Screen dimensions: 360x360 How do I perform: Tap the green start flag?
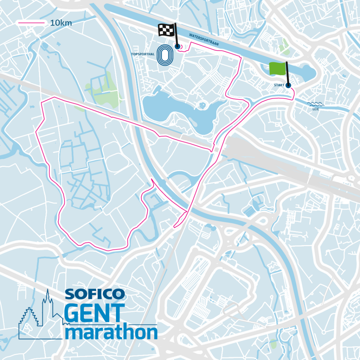[277, 68]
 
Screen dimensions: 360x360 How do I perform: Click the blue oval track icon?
[164, 54]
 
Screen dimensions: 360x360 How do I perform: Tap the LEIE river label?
[316, 109]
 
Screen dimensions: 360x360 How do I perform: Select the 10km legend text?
[61, 23]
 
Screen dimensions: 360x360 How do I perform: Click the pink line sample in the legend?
[31, 23]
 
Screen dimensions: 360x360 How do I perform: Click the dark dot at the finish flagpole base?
[178, 46]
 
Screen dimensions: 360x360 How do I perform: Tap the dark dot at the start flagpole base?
[289, 85]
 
